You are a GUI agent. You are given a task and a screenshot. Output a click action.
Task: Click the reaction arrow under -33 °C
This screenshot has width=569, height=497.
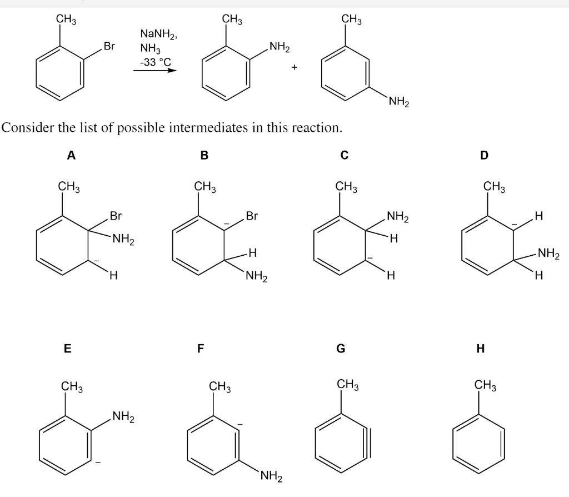pos(155,71)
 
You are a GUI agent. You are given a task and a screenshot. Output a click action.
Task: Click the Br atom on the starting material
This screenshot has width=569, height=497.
pos(109,46)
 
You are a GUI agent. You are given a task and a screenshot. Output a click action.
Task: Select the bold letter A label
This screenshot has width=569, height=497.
pos(71,156)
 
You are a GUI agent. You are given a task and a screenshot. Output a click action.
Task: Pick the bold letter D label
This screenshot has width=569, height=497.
pos(483,156)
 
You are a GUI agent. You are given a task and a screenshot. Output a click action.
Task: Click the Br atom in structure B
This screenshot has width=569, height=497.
pos(252,215)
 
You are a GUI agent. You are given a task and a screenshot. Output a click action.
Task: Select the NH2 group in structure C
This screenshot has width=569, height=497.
pos(397,217)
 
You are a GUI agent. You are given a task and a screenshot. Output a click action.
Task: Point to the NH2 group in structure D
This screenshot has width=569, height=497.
pos(549,255)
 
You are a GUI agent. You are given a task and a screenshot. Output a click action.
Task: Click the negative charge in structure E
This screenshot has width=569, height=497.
pos(98,460)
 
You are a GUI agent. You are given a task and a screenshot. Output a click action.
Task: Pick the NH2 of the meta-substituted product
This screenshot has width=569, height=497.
pos(399,101)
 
